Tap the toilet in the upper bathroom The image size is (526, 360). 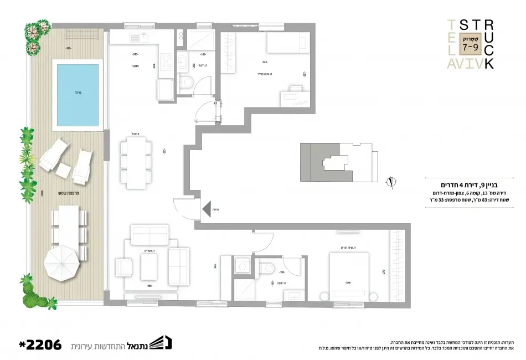click(x=187, y=84)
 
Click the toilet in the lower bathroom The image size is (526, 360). click(x=267, y=268)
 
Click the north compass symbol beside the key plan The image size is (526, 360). click(x=391, y=181)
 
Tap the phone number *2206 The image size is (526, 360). click(x=39, y=344)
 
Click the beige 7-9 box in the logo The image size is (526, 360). click(x=470, y=43)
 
